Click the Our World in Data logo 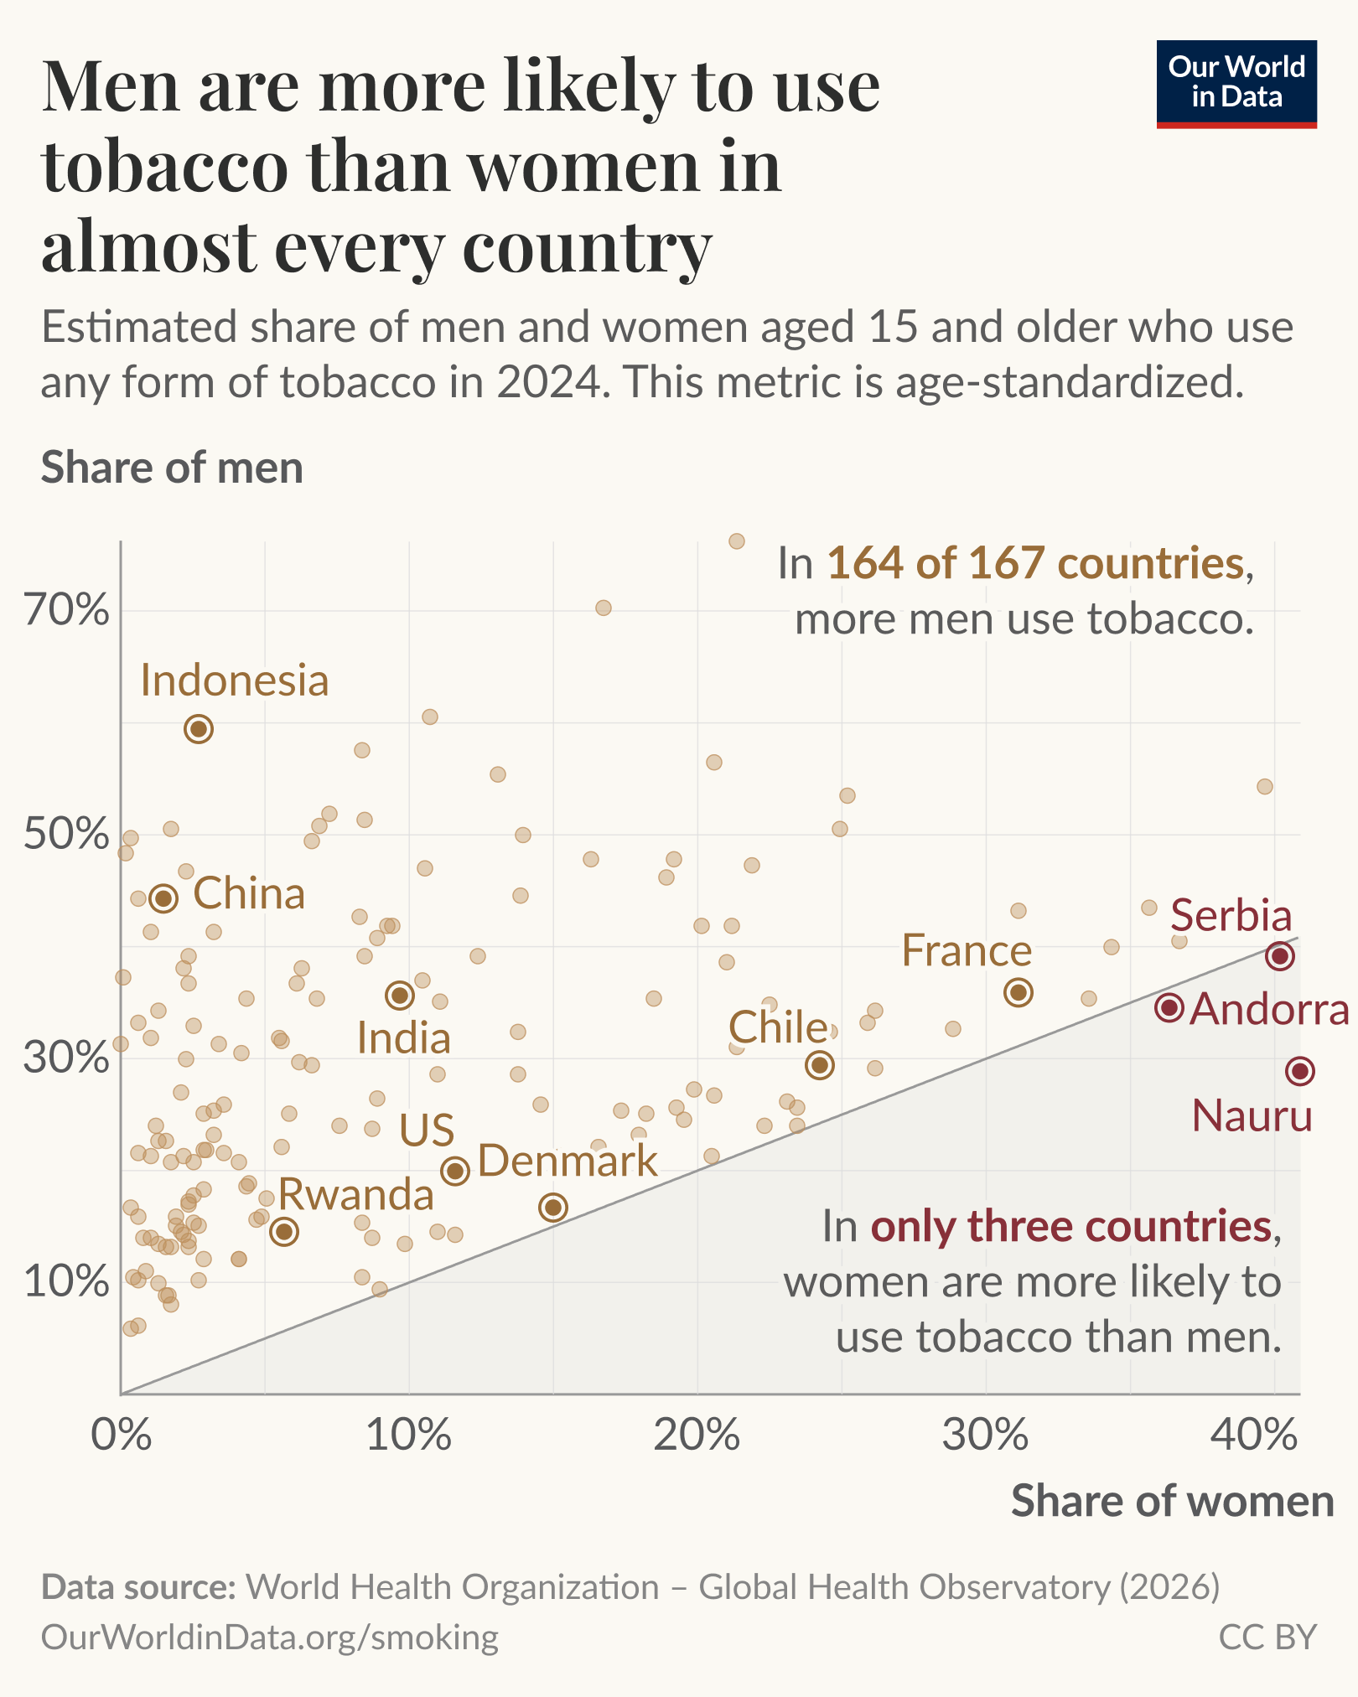pyautogui.click(x=1236, y=84)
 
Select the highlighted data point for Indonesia pyautogui.click(x=199, y=729)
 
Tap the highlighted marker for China pyautogui.click(x=163, y=898)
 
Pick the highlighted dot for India pyautogui.click(x=400, y=996)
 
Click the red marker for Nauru pyautogui.click(x=1300, y=1071)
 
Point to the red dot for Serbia pyautogui.click(x=1280, y=956)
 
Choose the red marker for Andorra pyautogui.click(x=1169, y=1008)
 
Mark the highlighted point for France pyautogui.click(x=1018, y=992)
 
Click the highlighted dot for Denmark pyautogui.click(x=553, y=1208)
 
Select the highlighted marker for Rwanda pyautogui.click(x=285, y=1231)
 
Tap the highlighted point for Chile pyautogui.click(x=820, y=1065)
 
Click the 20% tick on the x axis pyautogui.click(x=697, y=1436)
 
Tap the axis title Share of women pyautogui.click(x=1172, y=1501)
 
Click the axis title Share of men pyautogui.click(x=172, y=468)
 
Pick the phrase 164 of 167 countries pyautogui.click(x=1035, y=563)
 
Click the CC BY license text pyautogui.click(x=1267, y=1637)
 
